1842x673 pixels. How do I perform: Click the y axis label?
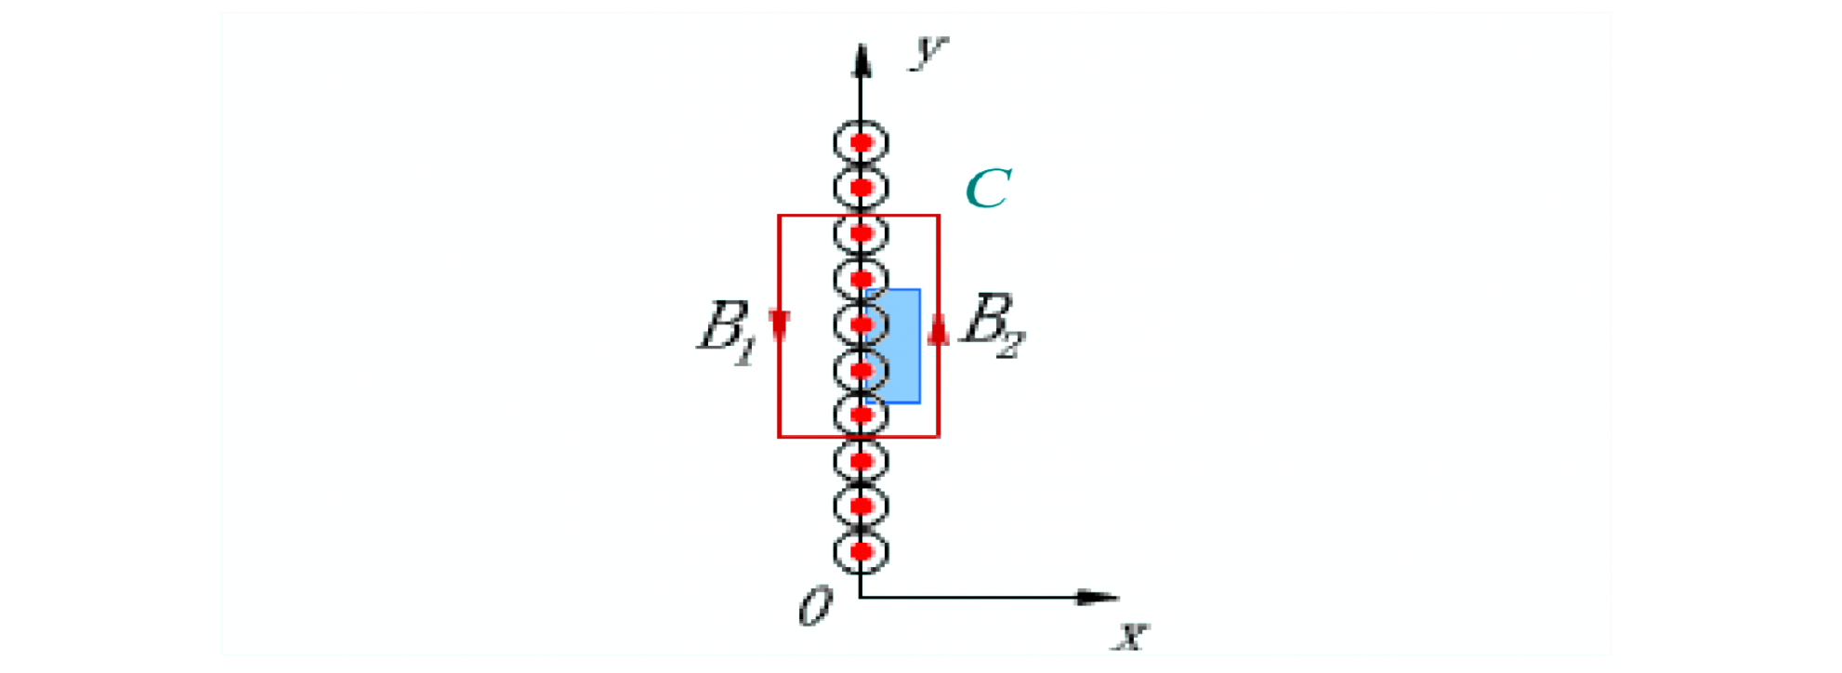[928, 51]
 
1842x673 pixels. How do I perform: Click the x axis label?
[1132, 636]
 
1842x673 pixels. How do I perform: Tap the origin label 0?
[816, 608]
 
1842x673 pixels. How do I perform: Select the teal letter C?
[988, 189]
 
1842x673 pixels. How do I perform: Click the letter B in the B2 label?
[988, 318]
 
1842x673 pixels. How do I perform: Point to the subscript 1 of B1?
[745, 350]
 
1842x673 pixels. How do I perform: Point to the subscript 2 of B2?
[1010, 344]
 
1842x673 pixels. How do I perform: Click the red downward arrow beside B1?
[780, 326]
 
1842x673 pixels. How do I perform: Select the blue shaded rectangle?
[893, 346]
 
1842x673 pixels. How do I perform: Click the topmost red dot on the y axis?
[862, 143]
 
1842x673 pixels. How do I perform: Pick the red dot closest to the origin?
[862, 551]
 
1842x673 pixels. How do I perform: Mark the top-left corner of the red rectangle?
[779, 216]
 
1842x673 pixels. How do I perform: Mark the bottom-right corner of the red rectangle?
[939, 436]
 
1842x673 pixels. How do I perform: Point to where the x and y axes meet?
[861, 597]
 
